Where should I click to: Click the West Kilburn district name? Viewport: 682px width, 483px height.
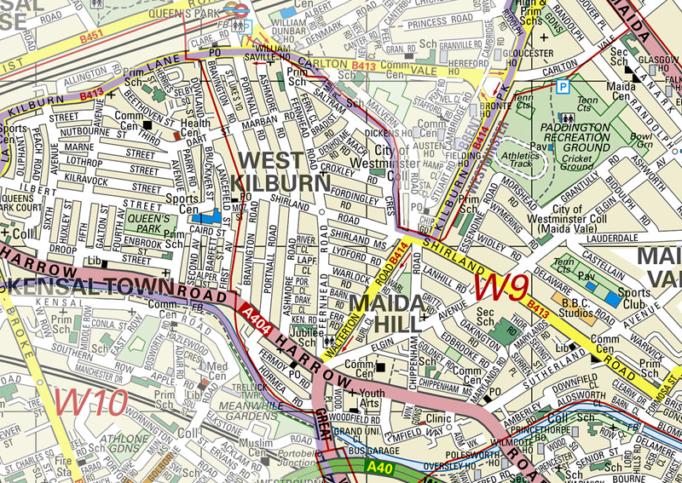pos(281,171)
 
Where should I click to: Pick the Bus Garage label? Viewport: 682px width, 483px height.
pos(368,449)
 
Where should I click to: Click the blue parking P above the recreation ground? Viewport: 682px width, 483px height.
pos(562,86)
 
